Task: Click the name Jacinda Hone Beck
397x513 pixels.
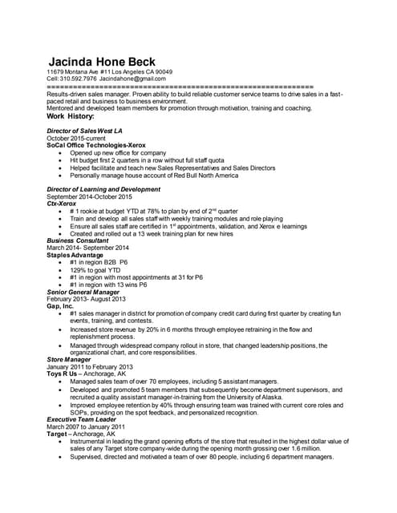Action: click(102, 62)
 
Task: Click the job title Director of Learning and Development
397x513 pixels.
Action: click(104, 189)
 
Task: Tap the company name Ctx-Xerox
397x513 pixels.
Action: click(65, 204)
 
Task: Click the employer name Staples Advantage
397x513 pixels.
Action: click(78, 255)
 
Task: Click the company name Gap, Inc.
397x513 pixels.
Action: click(60, 305)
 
